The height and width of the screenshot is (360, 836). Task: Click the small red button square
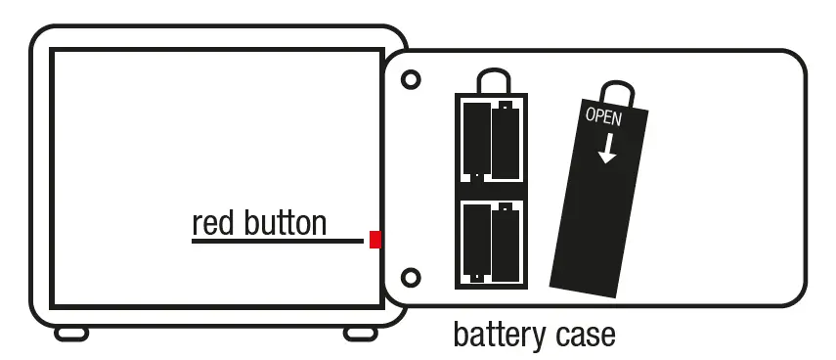[x=375, y=240]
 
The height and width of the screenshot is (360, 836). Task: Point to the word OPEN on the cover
[x=603, y=115]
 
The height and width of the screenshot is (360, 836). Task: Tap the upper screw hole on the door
[x=412, y=78]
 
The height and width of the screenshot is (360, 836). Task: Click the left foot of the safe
[x=71, y=334]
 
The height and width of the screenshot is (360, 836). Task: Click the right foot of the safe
[x=360, y=334]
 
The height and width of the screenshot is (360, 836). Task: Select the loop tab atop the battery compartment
[x=490, y=81]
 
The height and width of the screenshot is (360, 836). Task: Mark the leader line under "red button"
[x=279, y=240]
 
